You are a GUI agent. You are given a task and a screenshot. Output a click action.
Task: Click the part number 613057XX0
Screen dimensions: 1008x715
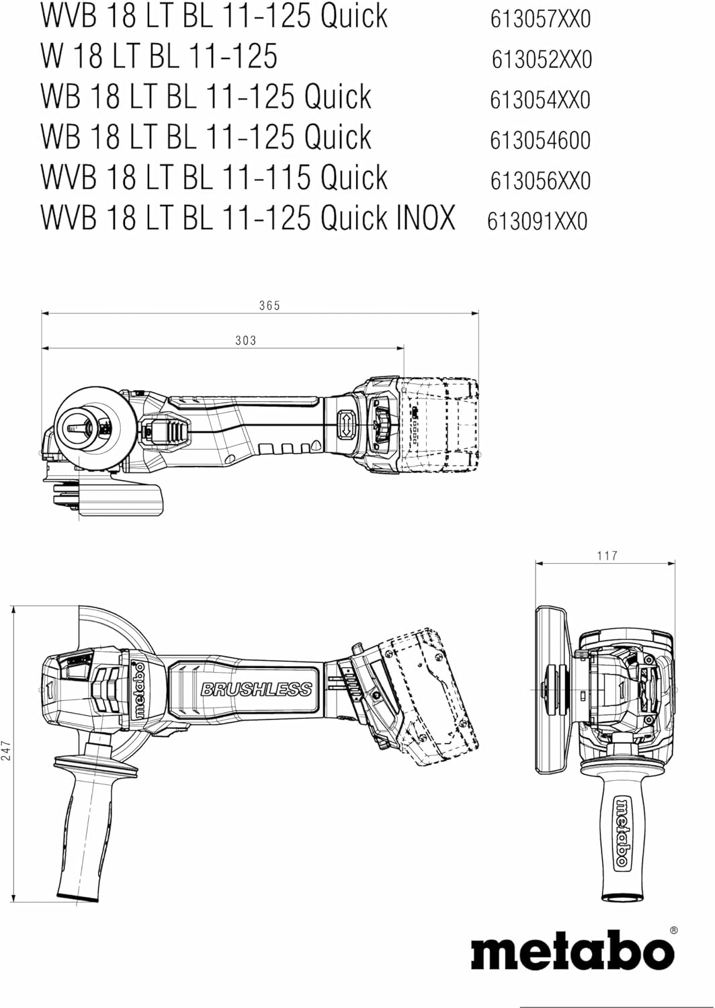pyautogui.click(x=540, y=19)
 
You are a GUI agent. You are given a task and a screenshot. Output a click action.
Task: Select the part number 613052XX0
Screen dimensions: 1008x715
pyautogui.click(x=542, y=60)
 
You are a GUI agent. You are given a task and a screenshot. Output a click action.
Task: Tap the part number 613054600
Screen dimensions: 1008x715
pyautogui.click(x=540, y=140)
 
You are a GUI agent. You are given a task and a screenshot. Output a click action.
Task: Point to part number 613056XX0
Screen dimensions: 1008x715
pyautogui.click(x=540, y=181)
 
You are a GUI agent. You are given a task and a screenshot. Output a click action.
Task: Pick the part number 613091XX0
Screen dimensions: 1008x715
pyautogui.click(x=537, y=221)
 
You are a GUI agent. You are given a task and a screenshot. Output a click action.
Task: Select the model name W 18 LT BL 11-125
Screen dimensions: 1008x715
pyautogui.click(x=159, y=56)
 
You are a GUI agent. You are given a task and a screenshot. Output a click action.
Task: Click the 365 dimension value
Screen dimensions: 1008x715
pyautogui.click(x=269, y=306)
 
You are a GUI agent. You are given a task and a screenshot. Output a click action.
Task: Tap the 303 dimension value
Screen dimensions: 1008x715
pyautogui.click(x=246, y=341)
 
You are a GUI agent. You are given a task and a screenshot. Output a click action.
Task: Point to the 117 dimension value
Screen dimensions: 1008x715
pyautogui.click(x=607, y=556)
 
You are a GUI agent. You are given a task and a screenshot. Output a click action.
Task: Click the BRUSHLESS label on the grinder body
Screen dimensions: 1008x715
pyautogui.click(x=256, y=689)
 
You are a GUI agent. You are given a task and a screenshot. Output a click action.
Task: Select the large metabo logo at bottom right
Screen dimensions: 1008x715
pyautogui.click(x=572, y=953)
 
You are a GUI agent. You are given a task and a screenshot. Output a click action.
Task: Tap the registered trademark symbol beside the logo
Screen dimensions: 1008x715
pyautogui.click(x=673, y=931)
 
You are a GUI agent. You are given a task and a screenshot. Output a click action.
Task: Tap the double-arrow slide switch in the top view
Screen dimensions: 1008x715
pyautogui.click(x=345, y=425)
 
